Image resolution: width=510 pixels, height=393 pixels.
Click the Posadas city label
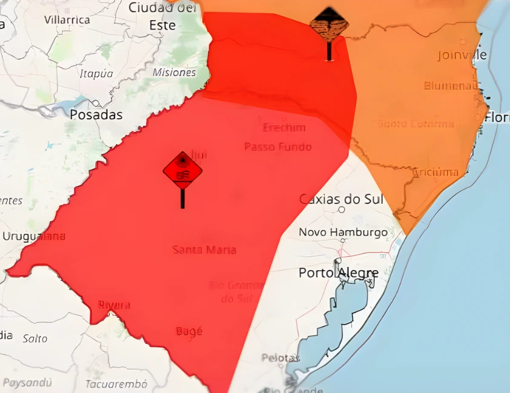[96, 114]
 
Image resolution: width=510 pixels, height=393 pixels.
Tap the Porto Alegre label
[338, 273]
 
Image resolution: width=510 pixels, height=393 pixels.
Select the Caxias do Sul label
[341, 199]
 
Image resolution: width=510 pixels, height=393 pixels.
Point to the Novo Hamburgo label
[343, 232]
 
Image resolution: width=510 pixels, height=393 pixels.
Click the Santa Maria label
[204, 249]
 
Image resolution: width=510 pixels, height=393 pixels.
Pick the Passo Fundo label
[278, 147]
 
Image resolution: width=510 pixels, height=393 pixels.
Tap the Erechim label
[284, 128]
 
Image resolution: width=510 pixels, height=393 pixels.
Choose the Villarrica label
[67, 19]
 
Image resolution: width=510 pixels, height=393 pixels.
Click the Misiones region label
[174, 72]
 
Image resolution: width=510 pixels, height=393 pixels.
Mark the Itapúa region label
[96, 73]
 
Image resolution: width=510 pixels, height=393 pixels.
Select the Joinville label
[462, 55]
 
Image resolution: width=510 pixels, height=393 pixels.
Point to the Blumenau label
[451, 85]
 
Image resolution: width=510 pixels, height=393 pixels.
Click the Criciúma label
[435, 172]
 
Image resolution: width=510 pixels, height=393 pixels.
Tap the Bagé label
[189, 331]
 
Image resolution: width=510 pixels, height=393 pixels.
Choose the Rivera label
[114, 305]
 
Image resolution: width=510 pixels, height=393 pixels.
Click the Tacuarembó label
[116, 384]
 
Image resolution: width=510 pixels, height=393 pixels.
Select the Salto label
[35, 339]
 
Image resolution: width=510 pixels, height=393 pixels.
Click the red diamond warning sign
[182, 171]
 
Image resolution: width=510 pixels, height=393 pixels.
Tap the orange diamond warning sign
[329, 25]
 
